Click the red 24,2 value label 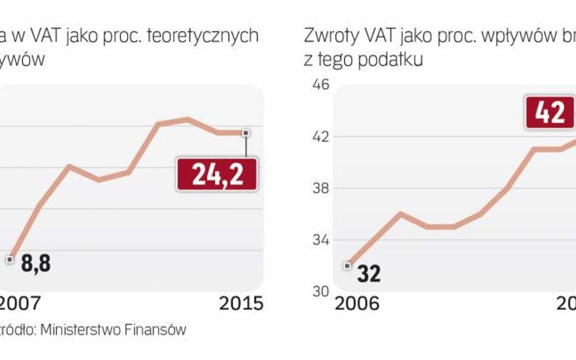[x=217, y=174]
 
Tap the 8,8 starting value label [x=35, y=265]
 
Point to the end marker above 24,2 [x=245, y=132]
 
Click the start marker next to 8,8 [x=10, y=259]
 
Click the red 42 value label [x=550, y=113]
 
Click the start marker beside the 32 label [x=348, y=265]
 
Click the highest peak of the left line [x=187, y=119]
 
